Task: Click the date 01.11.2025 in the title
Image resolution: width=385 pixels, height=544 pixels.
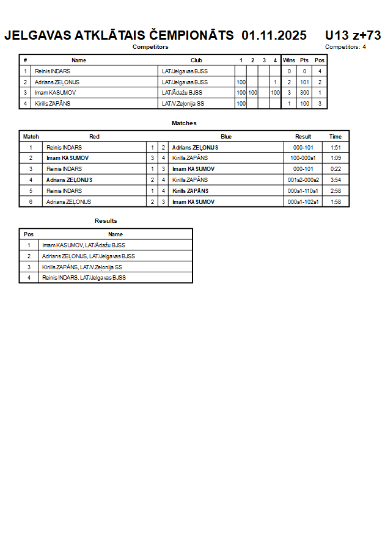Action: coord(274,35)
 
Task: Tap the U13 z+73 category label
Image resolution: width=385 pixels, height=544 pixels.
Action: coord(353,35)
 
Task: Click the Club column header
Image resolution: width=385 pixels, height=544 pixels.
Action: coord(196,60)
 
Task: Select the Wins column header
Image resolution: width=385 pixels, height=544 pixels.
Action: coord(289,60)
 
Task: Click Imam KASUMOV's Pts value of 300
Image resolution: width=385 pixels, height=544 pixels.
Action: coord(304,93)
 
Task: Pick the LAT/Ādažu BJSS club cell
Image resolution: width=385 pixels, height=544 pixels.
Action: coord(182,93)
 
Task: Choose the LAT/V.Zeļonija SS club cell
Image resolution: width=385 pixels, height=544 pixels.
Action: coord(183,104)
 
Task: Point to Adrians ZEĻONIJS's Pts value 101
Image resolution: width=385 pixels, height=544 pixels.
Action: coord(304,82)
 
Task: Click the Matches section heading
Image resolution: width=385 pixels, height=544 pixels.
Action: coord(184,123)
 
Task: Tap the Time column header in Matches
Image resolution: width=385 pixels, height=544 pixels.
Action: coord(335,137)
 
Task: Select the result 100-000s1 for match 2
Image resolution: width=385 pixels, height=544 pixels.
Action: coord(303,158)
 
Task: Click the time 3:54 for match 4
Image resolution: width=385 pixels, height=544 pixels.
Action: coord(335,180)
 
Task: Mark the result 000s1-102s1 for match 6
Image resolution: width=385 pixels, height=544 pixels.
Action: coord(303,201)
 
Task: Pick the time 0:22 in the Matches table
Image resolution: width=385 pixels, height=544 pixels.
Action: coord(335,169)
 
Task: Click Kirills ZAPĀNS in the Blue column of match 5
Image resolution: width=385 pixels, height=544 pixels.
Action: coord(190,191)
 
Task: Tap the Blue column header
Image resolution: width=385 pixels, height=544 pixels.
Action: coord(226,137)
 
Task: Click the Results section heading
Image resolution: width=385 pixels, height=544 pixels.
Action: coord(106,221)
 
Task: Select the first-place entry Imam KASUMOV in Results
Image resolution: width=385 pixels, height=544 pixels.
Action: coord(84,245)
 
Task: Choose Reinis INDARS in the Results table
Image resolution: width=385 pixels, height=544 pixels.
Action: coord(84,278)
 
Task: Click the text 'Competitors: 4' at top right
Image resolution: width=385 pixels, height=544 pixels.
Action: coord(345,47)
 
